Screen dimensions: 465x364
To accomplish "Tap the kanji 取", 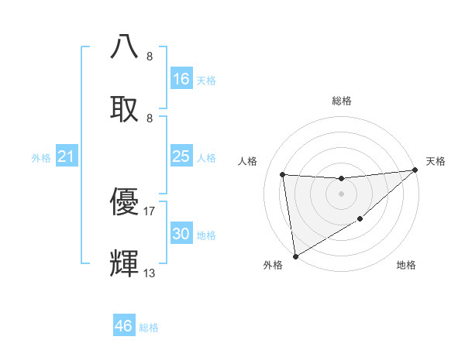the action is (x=124, y=108).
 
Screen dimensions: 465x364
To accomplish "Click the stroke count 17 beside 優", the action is (x=150, y=211).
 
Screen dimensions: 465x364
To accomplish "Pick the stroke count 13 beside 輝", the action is (x=150, y=273).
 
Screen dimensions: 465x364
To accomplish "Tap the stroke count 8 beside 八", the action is (x=150, y=56).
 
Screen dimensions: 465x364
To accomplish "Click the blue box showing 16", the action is (x=181, y=79).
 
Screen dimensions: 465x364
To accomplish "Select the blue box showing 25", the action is (x=181, y=156).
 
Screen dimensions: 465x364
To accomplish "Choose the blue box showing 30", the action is (x=181, y=234).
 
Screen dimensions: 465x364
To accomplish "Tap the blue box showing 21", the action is (x=67, y=157).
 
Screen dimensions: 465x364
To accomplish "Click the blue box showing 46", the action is (x=124, y=326).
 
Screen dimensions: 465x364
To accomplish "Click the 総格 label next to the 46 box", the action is (x=150, y=328).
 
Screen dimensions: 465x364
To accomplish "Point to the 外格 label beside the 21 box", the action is (x=41, y=158).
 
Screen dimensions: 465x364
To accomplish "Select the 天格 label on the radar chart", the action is (x=436, y=161).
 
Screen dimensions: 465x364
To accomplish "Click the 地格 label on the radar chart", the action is (x=406, y=265).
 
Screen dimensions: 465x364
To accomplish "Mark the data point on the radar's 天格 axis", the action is (x=415, y=170).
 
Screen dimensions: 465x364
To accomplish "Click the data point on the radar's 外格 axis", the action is (x=295, y=256).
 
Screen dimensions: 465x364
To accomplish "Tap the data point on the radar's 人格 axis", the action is (x=283, y=175).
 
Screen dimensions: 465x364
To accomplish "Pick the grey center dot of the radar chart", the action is (x=341, y=194).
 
